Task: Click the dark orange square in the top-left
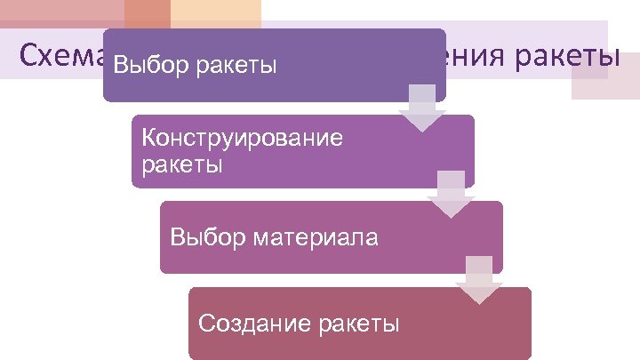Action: tap(147, 13)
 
